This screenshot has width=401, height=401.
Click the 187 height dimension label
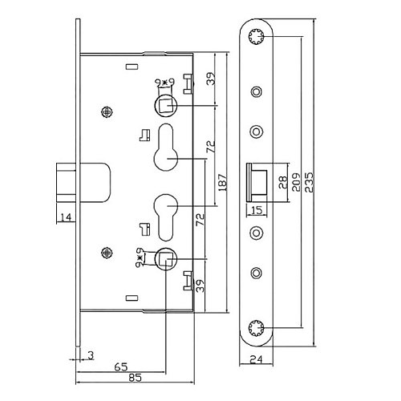(x=223, y=182)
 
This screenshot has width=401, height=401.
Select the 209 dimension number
(x=296, y=182)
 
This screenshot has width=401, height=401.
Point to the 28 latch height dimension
(x=283, y=182)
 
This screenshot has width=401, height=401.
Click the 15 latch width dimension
(x=257, y=210)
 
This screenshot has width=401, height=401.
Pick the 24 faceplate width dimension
(x=256, y=359)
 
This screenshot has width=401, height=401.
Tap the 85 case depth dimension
(x=136, y=378)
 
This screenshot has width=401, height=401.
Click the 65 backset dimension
(x=121, y=367)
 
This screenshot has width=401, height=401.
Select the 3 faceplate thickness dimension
(x=91, y=355)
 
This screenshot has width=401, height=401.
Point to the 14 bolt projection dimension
(x=66, y=217)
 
